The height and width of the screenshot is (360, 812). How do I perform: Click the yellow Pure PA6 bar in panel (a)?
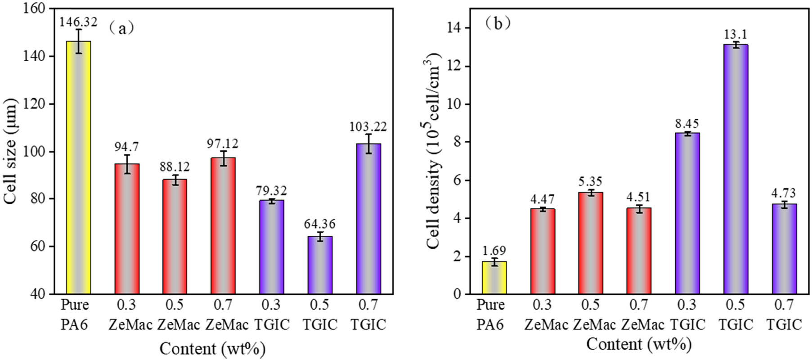coord(79,167)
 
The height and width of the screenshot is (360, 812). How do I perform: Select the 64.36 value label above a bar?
coord(320,224)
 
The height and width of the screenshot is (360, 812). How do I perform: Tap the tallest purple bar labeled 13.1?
coord(736,169)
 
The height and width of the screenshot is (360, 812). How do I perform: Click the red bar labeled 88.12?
coord(175,236)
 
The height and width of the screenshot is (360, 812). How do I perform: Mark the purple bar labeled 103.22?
coord(368,219)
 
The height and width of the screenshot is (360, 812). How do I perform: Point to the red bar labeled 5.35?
coord(590,243)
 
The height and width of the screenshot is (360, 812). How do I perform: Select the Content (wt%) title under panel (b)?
coord(639,345)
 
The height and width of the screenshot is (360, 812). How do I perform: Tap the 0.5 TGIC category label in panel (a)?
coord(320,315)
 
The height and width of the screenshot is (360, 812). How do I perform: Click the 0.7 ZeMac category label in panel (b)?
coord(639,315)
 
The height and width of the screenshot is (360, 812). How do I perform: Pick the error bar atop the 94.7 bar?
coord(127,164)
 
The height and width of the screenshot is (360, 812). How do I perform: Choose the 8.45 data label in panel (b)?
coord(687,123)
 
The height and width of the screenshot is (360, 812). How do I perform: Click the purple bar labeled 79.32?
coord(271,247)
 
